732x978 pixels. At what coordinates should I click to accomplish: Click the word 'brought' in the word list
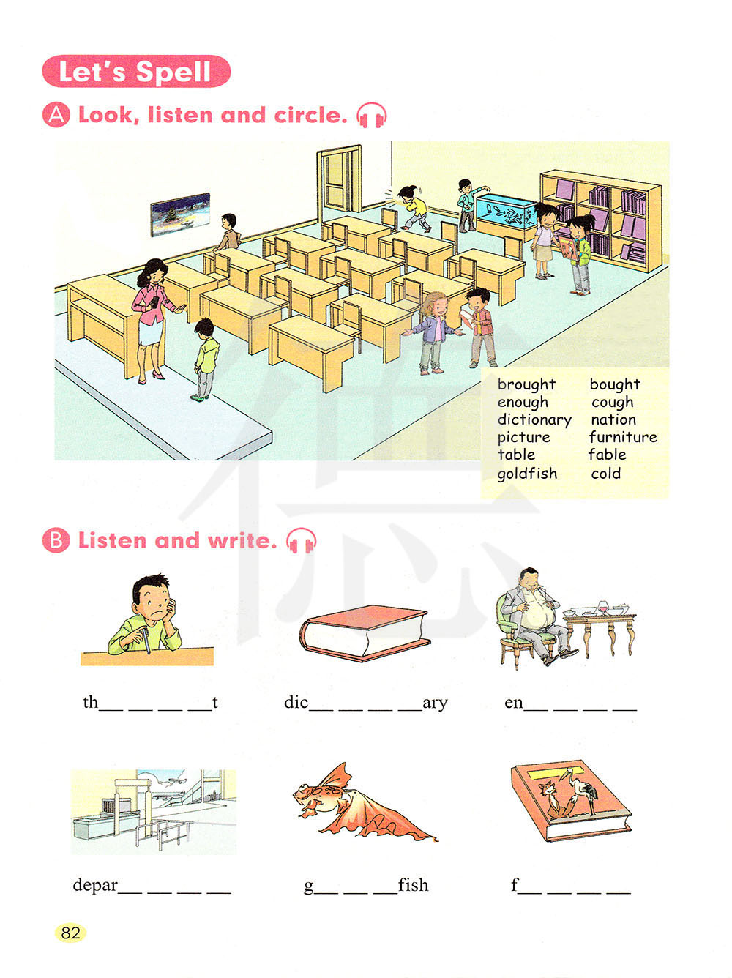coord(526,384)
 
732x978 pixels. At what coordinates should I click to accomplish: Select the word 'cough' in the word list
coord(612,403)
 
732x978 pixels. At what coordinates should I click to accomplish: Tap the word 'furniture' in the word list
coord(623,436)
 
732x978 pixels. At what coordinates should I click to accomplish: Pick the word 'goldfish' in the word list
coord(527,473)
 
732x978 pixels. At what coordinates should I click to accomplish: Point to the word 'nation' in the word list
coord(613,419)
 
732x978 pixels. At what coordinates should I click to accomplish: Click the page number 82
coord(70,933)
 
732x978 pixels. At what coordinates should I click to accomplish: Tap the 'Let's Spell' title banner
coord(136,71)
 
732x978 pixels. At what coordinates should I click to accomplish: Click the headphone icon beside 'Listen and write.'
coord(302,541)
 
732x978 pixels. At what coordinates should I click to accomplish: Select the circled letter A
coord(56,115)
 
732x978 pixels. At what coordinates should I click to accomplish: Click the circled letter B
coord(56,540)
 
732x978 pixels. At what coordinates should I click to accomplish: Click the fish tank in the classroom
coord(507,212)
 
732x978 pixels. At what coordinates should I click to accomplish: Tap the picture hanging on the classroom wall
coord(181,214)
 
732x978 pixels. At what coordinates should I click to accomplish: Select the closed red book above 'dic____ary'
coord(365,632)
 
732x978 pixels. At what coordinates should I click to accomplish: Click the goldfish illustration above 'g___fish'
coord(363,801)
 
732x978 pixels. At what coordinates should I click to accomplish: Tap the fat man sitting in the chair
coord(534,617)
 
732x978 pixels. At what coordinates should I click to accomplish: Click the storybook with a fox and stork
coord(571,800)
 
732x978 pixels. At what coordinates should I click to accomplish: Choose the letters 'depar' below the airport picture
coord(95,886)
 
